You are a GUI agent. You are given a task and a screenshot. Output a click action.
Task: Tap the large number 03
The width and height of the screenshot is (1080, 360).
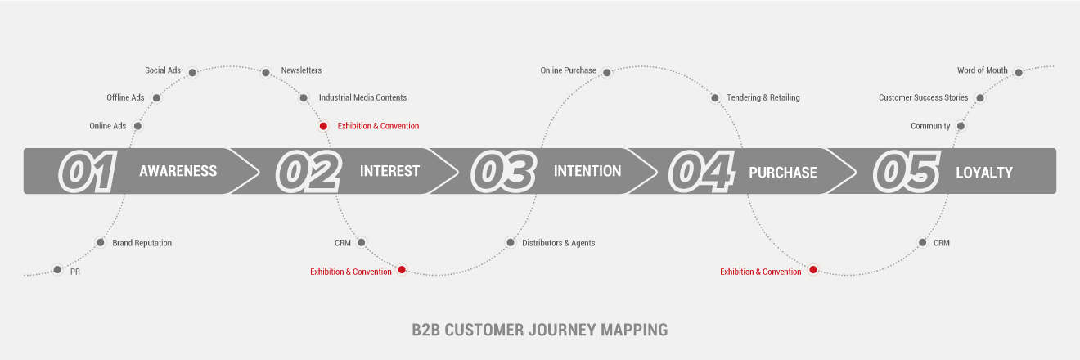click(x=502, y=172)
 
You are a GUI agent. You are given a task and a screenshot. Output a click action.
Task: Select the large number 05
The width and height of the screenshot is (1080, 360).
click(x=906, y=172)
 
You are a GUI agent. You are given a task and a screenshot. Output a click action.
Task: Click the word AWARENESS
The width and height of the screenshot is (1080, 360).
click(x=178, y=172)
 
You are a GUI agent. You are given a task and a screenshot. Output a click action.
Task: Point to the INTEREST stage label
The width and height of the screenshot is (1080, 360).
click(x=389, y=172)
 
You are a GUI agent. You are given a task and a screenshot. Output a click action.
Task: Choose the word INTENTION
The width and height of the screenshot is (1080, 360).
click(x=587, y=172)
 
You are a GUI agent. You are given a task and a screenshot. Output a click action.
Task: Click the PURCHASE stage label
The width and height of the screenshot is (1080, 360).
click(x=783, y=173)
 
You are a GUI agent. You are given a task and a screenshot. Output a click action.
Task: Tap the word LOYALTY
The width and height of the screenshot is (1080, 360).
click(x=984, y=173)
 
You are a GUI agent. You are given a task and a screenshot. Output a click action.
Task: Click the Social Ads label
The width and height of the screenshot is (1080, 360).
click(x=163, y=70)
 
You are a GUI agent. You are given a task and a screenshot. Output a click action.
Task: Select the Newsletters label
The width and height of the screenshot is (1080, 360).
click(x=301, y=70)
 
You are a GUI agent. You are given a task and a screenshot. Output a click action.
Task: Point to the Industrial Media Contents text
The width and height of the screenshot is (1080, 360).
click(x=362, y=97)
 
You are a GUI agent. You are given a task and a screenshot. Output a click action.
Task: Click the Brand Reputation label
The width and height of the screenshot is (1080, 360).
click(x=142, y=243)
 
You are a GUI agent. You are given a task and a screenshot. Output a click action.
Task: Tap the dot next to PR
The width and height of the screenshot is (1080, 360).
click(x=57, y=269)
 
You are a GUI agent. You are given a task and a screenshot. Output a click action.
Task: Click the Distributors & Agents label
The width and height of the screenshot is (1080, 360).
click(x=559, y=243)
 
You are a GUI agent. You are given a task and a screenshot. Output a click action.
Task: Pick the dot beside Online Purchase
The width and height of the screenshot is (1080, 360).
click(x=606, y=72)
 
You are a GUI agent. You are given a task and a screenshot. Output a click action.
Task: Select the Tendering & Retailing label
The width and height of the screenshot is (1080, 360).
click(x=763, y=97)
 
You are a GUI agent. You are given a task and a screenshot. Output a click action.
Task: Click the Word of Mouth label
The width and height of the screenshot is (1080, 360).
click(x=983, y=70)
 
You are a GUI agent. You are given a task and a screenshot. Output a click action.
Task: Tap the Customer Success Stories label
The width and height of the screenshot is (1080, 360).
click(x=923, y=97)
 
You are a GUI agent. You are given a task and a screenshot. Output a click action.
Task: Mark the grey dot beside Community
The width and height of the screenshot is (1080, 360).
click(x=961, y=126)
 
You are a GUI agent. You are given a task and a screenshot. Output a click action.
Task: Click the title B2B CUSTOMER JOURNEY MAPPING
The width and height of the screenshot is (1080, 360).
click(x=540, y=331)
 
